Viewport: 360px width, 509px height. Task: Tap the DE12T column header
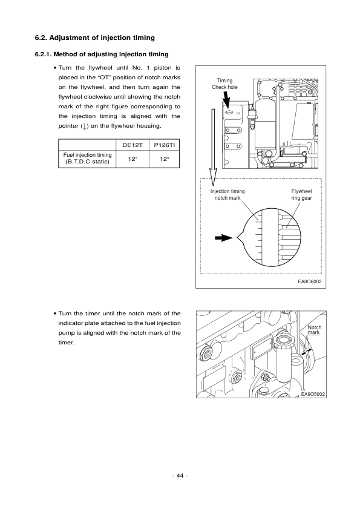[132, 145]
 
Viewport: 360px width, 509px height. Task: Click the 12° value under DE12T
[132, 159]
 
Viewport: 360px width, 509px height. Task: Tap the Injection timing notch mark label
[227, 194]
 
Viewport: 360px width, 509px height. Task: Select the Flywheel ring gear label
[301, 194]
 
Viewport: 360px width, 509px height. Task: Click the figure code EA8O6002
[309, 281]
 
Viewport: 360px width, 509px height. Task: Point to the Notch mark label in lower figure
[314, 330]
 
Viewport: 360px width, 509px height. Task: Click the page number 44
[180, 475]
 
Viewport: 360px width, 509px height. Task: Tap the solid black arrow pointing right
[224, 238]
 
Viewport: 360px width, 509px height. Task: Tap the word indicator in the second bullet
[71, 323]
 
